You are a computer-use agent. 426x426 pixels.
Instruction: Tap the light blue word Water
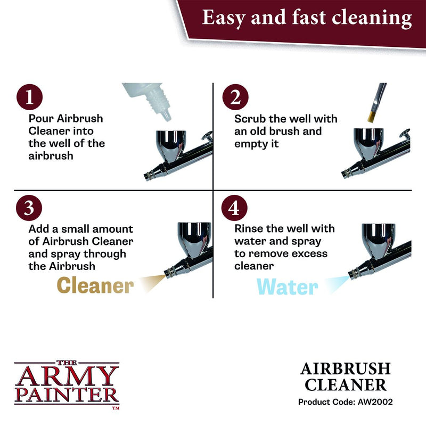coord(287,287)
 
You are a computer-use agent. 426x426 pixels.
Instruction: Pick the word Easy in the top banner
coord(223,18)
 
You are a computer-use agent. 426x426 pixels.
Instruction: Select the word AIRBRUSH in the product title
coord(353,368)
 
